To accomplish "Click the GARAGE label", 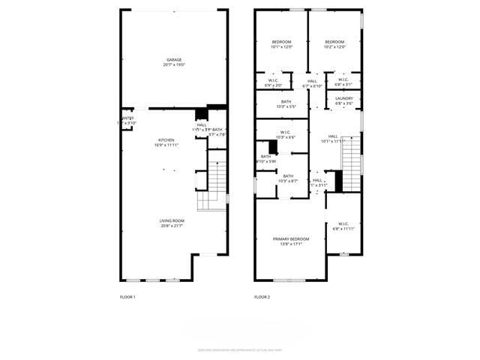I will tap(174, 60).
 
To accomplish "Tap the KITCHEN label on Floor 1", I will tap(166, 140).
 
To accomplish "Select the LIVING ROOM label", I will tap(172, 220).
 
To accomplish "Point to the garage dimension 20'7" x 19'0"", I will tap(174, 65).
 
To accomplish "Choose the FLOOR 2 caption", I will tap(262, 297).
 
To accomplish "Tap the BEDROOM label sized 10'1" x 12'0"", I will tap(281, 42).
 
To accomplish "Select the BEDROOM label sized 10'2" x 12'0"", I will tap(334, 42).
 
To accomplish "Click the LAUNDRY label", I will tap(344, 98).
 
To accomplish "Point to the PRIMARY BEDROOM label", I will tap(289, 238).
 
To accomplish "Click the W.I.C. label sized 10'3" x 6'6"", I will tap(286, 132).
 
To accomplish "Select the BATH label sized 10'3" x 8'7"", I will tap(288, 175).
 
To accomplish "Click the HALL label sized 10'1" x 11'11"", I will tap(331, 136).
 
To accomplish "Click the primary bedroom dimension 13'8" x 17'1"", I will tap(289, 244).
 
